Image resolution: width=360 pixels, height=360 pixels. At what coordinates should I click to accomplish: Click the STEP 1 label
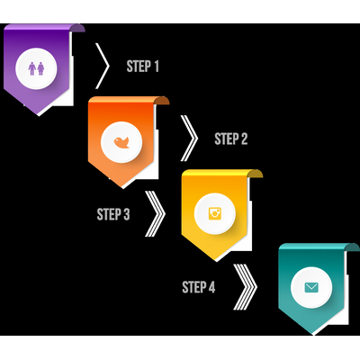142,67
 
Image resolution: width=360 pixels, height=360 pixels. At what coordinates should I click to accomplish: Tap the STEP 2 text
231,139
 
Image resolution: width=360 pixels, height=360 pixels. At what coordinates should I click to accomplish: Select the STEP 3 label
113,214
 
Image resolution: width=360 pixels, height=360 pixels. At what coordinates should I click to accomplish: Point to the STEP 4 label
199,287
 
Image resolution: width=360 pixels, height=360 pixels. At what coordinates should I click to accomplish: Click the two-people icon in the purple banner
36,68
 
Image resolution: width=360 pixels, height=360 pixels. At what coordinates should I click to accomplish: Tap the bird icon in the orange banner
121,142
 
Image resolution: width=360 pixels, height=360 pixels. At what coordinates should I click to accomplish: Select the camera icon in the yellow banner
215,213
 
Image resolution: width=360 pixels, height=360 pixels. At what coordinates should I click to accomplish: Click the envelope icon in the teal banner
311,287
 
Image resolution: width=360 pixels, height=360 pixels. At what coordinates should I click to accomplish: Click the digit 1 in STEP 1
157,67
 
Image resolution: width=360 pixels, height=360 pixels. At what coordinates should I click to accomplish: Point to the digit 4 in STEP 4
211,287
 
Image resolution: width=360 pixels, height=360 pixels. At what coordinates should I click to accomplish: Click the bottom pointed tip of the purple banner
39,114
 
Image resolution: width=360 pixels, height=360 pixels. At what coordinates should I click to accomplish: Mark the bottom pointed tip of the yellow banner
216,260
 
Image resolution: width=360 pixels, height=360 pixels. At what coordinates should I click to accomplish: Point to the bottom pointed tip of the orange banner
122,187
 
